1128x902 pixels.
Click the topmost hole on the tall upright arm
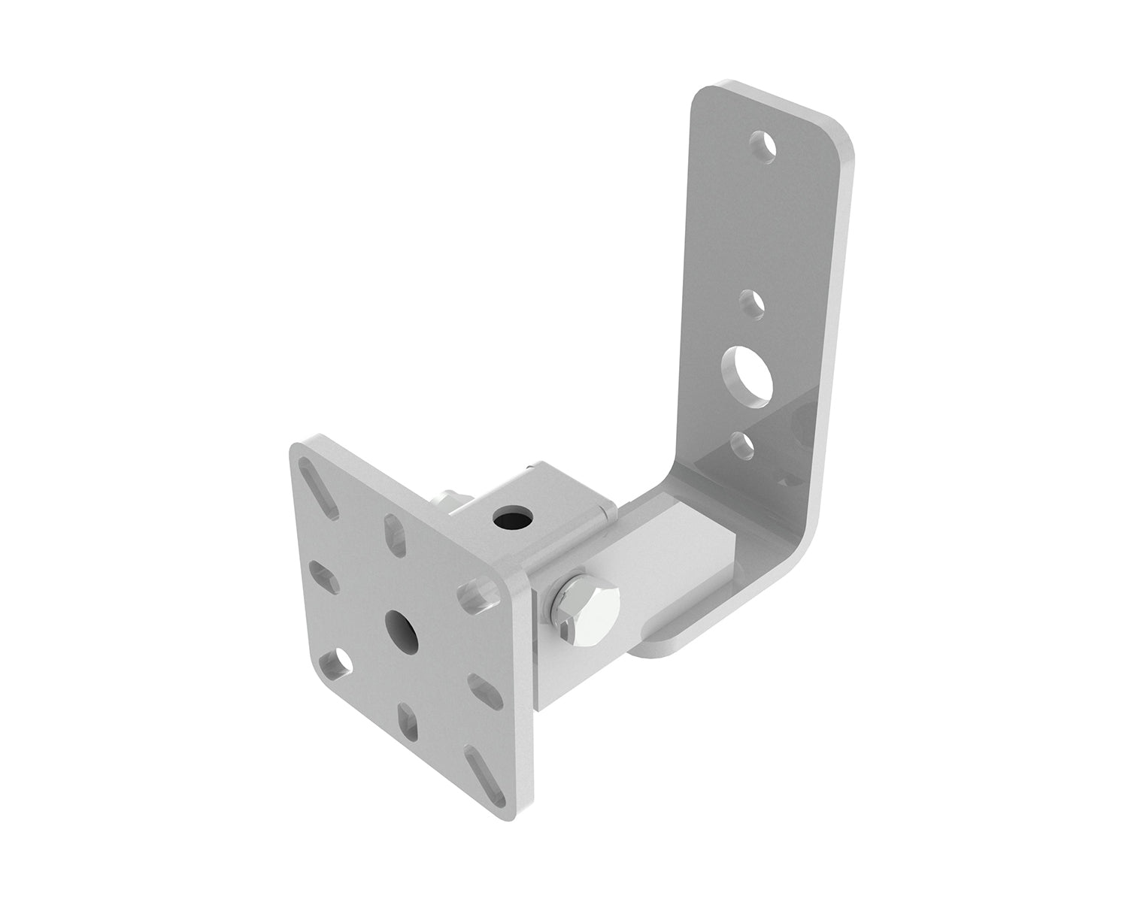tap(765, 147)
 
